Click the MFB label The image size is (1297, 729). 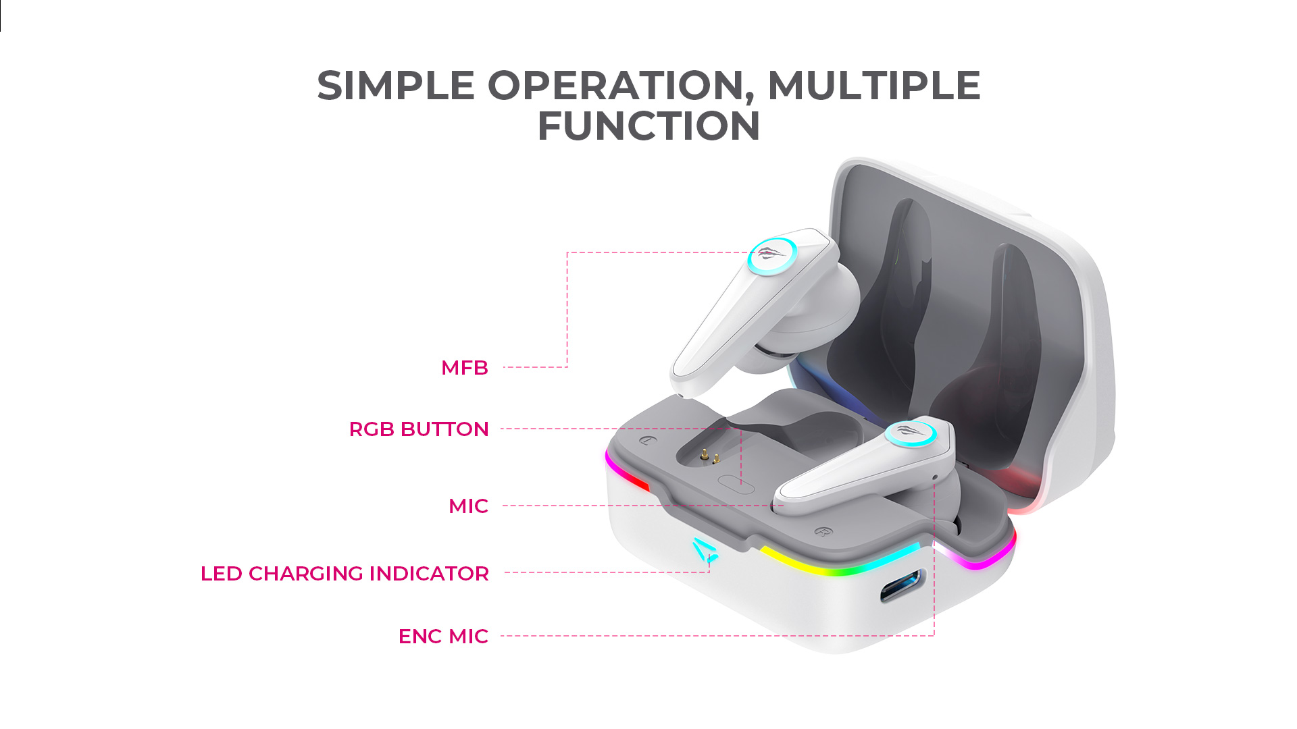(465, 368)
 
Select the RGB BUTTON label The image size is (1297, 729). (419, 429)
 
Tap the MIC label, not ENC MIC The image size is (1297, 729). (468, 506)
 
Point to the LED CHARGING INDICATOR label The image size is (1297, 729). (345, 574)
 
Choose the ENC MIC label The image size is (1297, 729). (443, 637)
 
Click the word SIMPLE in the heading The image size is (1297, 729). (396, 86)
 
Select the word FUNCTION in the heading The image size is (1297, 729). (648, 126)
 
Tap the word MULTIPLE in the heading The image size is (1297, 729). (874, 86)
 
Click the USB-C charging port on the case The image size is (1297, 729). (902, 586)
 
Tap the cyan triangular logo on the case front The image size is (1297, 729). (704, 550)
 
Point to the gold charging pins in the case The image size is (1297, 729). (709, 457)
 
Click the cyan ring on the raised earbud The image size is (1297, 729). (772, 256)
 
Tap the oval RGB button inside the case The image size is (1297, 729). (736, 483)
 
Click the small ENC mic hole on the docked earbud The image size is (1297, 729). (935, 478)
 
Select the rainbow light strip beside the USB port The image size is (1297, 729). (840, 561)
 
